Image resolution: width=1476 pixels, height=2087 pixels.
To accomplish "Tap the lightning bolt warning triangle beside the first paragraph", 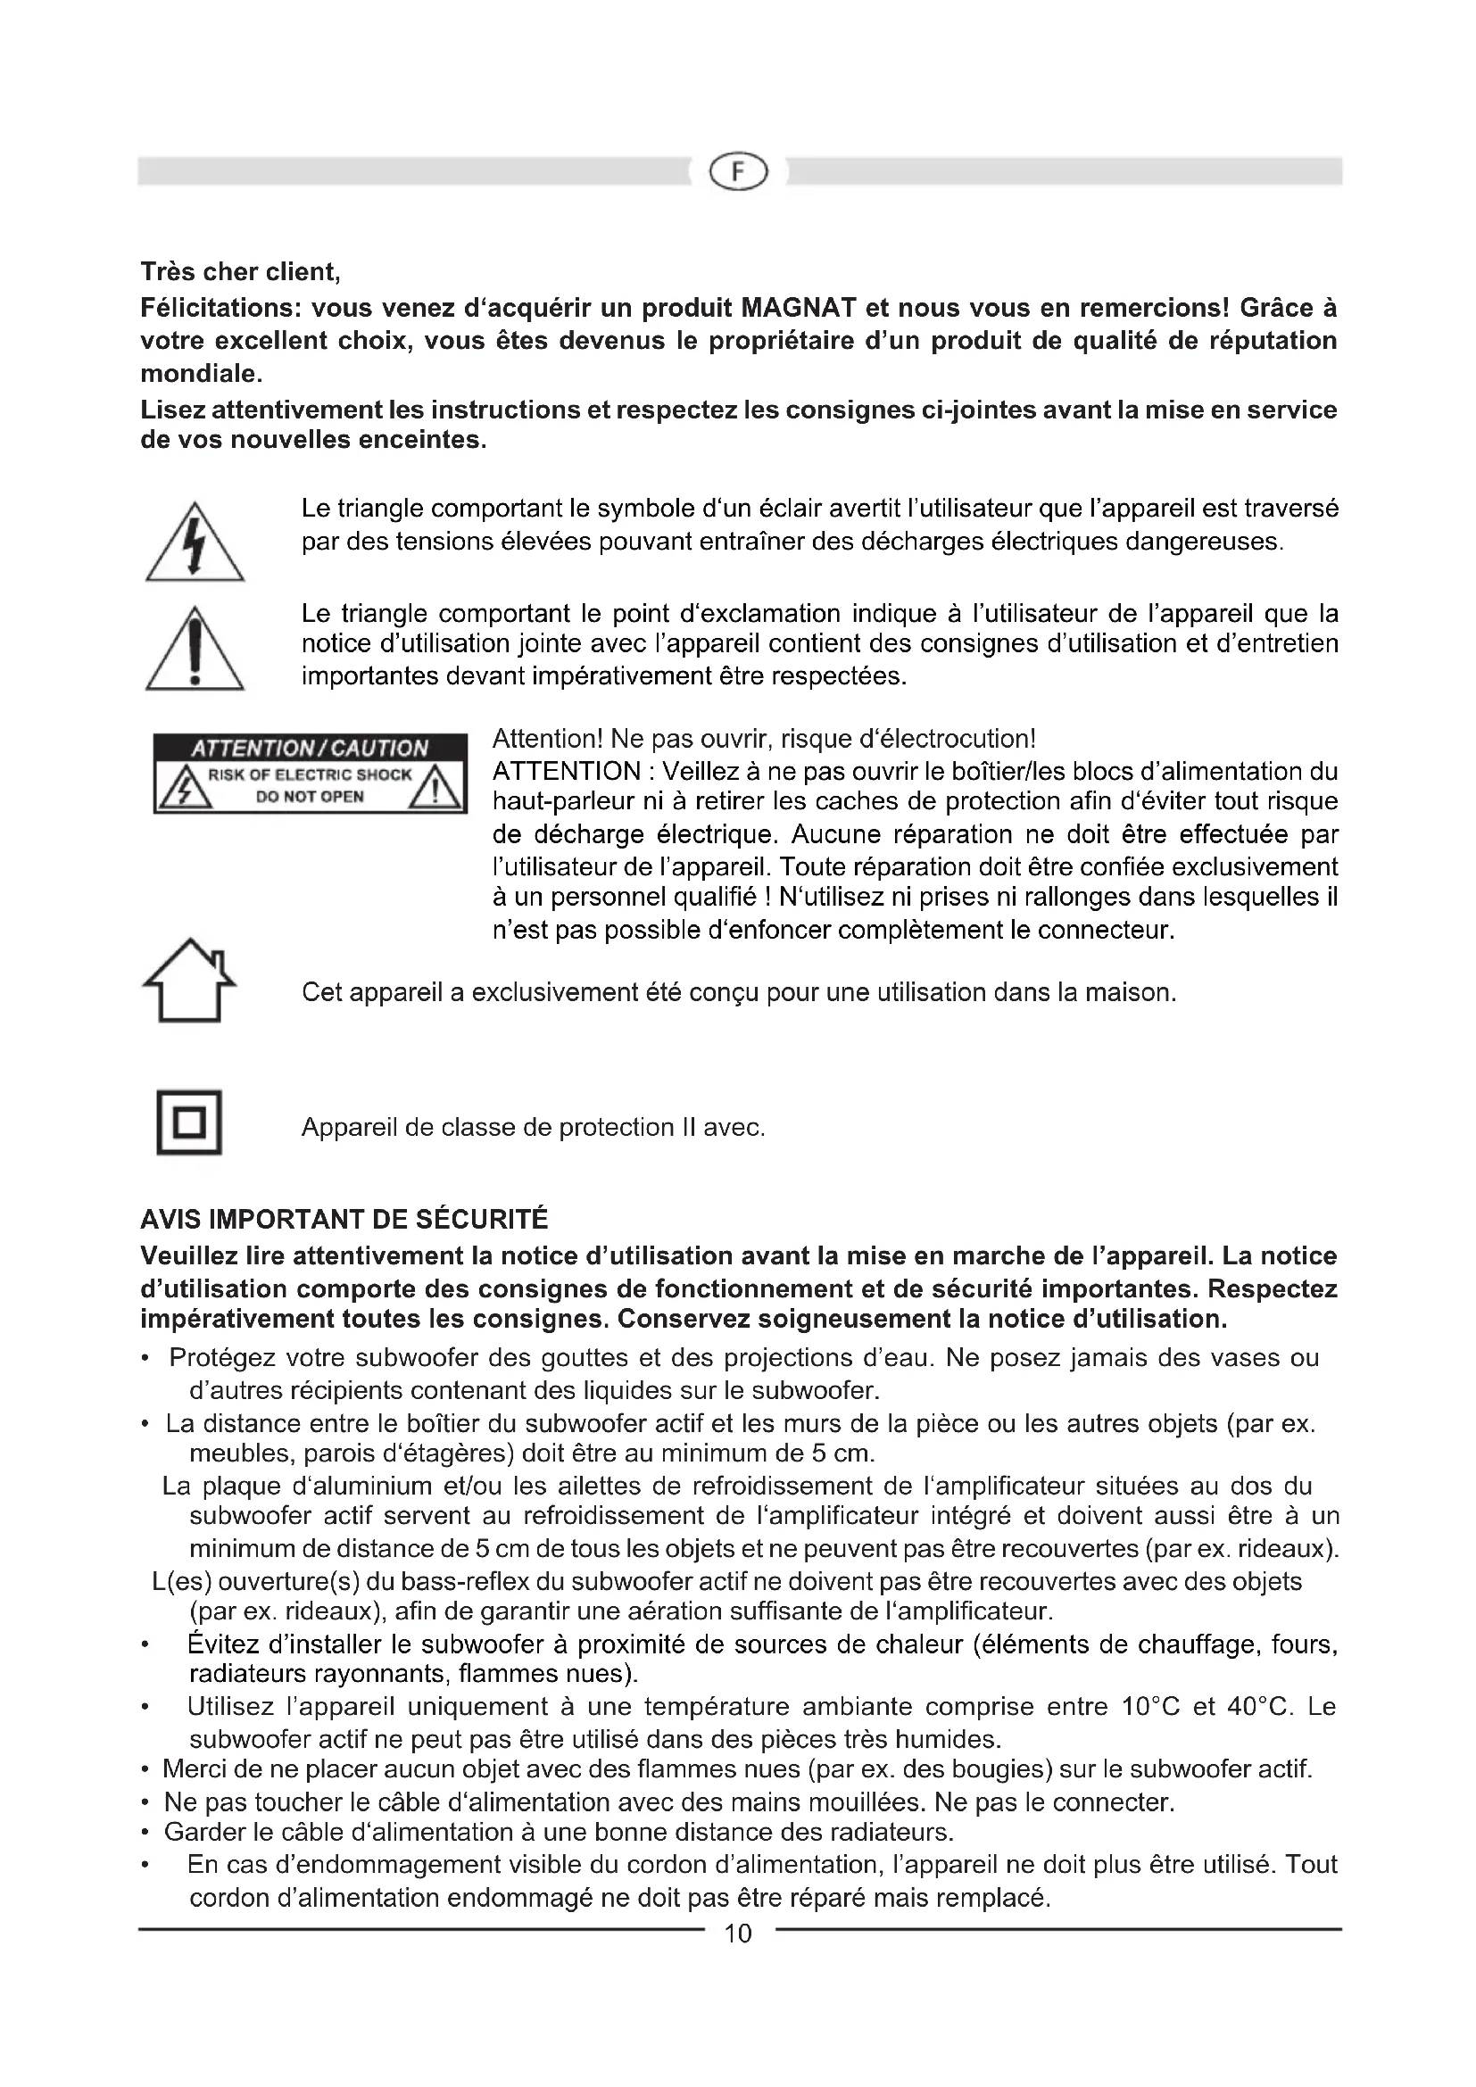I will (195, 543).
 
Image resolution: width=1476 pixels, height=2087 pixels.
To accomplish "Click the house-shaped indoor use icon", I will (190, 980).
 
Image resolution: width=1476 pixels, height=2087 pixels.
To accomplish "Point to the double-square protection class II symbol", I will (189, 1122).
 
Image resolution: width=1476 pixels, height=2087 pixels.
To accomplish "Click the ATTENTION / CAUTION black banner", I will (309, 747).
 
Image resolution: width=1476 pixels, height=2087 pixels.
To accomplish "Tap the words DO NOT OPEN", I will (309, 797).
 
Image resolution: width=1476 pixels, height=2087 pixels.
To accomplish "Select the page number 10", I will (738, 1934).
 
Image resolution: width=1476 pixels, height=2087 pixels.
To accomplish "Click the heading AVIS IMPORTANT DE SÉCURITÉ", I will (344, 1219).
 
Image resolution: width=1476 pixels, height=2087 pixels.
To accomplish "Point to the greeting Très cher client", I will (240, 272).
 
